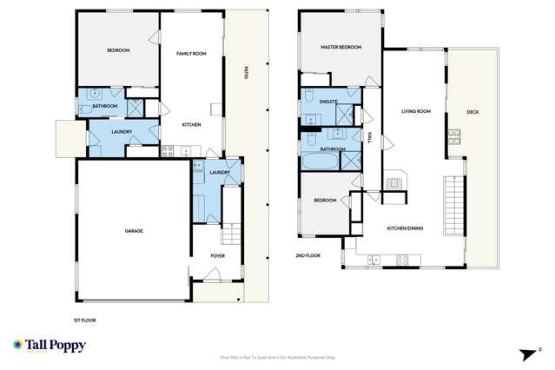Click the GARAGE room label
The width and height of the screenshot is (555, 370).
[133, 230]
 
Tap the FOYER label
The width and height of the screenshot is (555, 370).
[218, 255]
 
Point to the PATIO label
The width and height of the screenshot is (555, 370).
[246, 76]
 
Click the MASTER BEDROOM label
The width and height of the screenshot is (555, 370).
[340, 47]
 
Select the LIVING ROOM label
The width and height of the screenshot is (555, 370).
[416, 111]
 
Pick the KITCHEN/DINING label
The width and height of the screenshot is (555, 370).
[404, 228]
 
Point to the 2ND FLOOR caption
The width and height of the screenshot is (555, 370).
[308, 256]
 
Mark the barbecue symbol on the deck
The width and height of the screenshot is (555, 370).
[453, 135]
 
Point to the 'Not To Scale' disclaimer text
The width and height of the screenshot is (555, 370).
[277, 357]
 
